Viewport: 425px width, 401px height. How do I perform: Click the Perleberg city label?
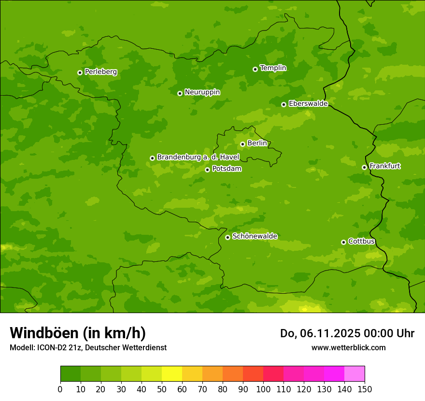click(x=100, y=72)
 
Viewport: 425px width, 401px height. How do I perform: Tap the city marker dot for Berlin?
click(x=242, y=144)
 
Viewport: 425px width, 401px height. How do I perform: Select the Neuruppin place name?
click(x=202, y=92)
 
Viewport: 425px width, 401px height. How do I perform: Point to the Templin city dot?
click(x=255, y=69)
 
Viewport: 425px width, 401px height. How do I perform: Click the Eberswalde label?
click(x=308, y=104)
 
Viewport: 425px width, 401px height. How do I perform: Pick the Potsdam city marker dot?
click(x=207, y=170)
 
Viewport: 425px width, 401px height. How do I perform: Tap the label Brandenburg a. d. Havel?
click(x=198, y=158)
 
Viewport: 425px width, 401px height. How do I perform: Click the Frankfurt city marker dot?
click(x=364, y=167)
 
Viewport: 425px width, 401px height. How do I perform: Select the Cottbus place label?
click(x=361, y=242)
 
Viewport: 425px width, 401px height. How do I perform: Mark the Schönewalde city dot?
click(x=227, y=237)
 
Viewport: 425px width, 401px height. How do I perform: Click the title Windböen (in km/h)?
click(x=78, y=333)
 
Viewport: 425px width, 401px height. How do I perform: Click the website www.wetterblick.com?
click(x=348, y=347)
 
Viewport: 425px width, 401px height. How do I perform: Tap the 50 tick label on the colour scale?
click(x=162, y=389)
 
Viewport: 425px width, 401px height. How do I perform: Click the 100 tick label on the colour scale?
click(x=263, y=389)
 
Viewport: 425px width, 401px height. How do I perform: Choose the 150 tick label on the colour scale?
click(x=365, y=389)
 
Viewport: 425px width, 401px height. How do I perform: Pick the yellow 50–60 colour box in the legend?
click(x=172, y=374)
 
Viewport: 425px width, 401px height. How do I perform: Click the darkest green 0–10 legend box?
click(x=71, y=374)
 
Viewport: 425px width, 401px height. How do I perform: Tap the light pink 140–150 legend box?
click(x=354, y=374)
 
